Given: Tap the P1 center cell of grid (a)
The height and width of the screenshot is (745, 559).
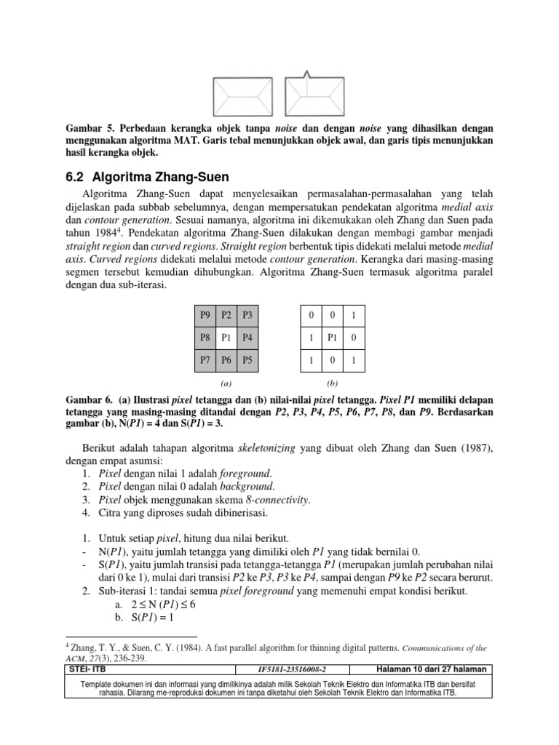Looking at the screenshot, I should pos(226,337).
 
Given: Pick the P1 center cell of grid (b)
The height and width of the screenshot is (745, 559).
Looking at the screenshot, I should pos(333,337).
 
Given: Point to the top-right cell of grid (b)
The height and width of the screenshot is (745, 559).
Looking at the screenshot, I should pos(354,315).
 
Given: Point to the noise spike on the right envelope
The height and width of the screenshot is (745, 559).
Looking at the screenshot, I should pos(307,73).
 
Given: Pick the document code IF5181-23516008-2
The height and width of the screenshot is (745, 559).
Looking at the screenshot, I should pos(293,669).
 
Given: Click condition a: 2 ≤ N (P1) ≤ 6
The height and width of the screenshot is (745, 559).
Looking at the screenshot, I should pos(164,604).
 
